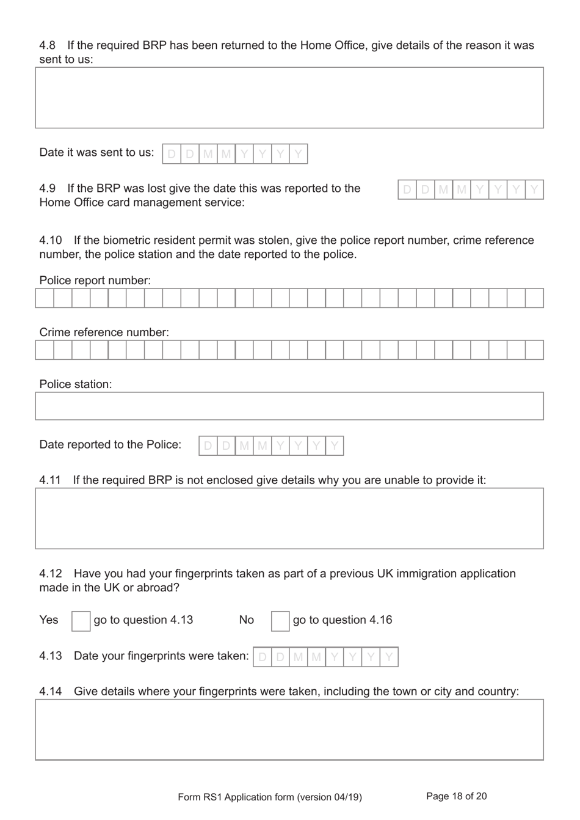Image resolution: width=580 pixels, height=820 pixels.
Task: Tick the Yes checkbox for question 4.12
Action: click(x=81, y=621)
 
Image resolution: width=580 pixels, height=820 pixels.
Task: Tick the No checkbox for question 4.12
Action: click(x=280, y=621)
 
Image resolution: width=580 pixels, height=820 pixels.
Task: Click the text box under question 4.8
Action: click(x=289, y=98)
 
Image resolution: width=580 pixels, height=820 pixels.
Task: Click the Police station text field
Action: click(x=289, y=406)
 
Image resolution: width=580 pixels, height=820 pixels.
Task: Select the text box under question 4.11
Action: click(x=289, y=518)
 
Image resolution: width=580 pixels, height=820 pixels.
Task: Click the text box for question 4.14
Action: click(x=289, y=730)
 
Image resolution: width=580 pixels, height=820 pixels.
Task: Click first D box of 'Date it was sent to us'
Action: click(x=172, y=154)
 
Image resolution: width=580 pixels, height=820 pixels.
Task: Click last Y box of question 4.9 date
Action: click(x=534, y=190)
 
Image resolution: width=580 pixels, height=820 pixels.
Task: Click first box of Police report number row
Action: click(x=45, y=298)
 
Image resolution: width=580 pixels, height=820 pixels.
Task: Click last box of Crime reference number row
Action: click(x=534, y=350)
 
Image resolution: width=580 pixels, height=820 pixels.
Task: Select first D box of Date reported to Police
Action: click(x=208, y=446)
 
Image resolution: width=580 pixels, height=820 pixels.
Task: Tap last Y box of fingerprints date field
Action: click(x=389, y=657)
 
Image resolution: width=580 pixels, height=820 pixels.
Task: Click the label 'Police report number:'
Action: click(x=95, y=280)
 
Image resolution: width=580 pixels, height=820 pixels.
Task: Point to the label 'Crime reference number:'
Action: click(x=104, y=332)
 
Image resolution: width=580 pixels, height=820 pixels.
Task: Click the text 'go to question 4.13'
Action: click(x=143, y=620)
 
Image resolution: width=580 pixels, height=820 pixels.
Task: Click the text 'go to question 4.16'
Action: click(x=343, y=620)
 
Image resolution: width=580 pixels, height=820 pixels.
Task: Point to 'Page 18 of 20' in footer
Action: click(x=456, y=796)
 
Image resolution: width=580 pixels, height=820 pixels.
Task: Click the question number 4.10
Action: click(x=51, y=240)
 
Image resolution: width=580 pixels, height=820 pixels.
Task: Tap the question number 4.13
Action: click(x=51, y=656)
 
